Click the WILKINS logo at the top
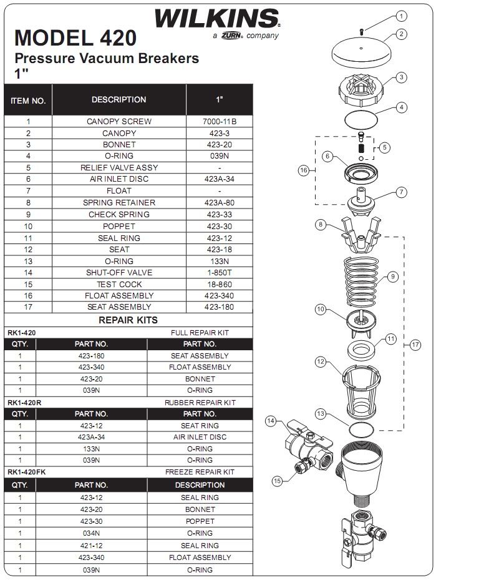coord(216,19)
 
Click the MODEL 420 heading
coord(75,38)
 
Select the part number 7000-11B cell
coord(219,122)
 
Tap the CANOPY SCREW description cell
coord(119,122)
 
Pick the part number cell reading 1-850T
coord(219,273)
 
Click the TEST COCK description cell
coord(119,284)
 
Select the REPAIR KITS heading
coord(128,320)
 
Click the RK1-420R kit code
coord(24,403)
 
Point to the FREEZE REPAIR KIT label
coord(200,472)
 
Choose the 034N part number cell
coord(91,533)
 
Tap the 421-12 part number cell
coord(91,545)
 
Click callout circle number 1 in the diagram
coord(401,16)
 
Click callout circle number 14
coord(271,421)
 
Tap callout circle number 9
coord(393,277)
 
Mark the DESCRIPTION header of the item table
coord(119,100)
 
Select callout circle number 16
coord(304,170)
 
